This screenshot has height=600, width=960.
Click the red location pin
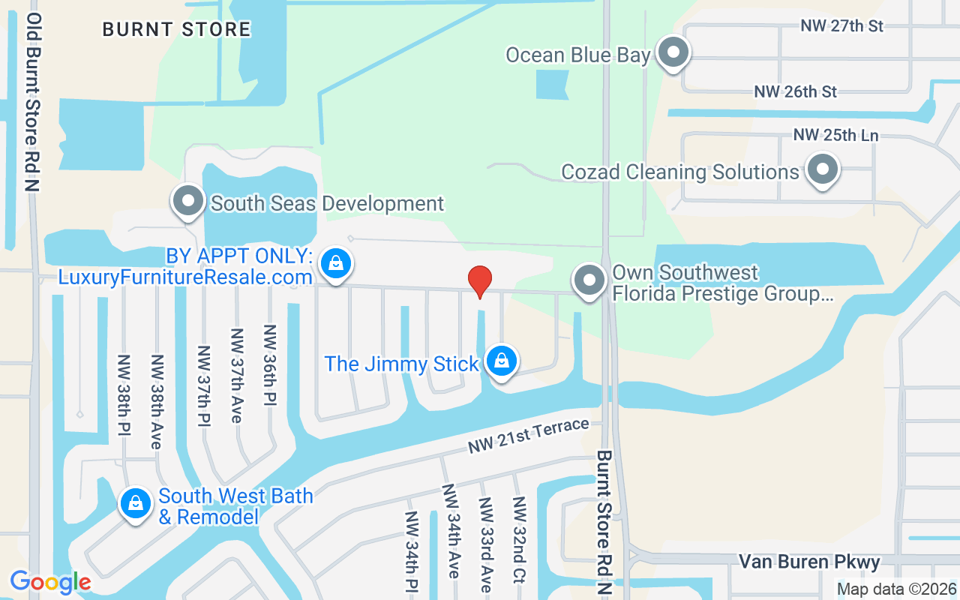click(x=480, y=281)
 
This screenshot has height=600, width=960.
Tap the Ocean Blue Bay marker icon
click(x=673, y=53)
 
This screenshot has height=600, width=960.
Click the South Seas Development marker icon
click(x=188, y=201)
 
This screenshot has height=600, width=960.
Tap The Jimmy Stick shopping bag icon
click(x=501, y=361)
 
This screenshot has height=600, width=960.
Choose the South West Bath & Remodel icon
click(x=136, y=503)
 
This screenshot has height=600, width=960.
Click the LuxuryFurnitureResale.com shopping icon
click(x=336, y=263)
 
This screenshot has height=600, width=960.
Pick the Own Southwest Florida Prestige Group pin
click(x=589, y=280)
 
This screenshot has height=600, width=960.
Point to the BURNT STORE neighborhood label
click(x=176, y=30)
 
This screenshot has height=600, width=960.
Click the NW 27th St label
click(x=841, y=26)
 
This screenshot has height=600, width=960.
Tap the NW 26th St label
click(x=795, y=91)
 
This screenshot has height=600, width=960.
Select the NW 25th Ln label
click(x=835, y=136)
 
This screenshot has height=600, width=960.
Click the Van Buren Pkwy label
click(x=809, y=562)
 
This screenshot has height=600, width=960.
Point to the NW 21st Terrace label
click(x=529, y=436)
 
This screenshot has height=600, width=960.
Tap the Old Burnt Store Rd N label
click(x=32, y=101)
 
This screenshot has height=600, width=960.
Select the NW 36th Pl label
click(x=269, y=365)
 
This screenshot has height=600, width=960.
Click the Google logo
click(x=50, y=582)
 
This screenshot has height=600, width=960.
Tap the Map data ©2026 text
click(x=896, y=589)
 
